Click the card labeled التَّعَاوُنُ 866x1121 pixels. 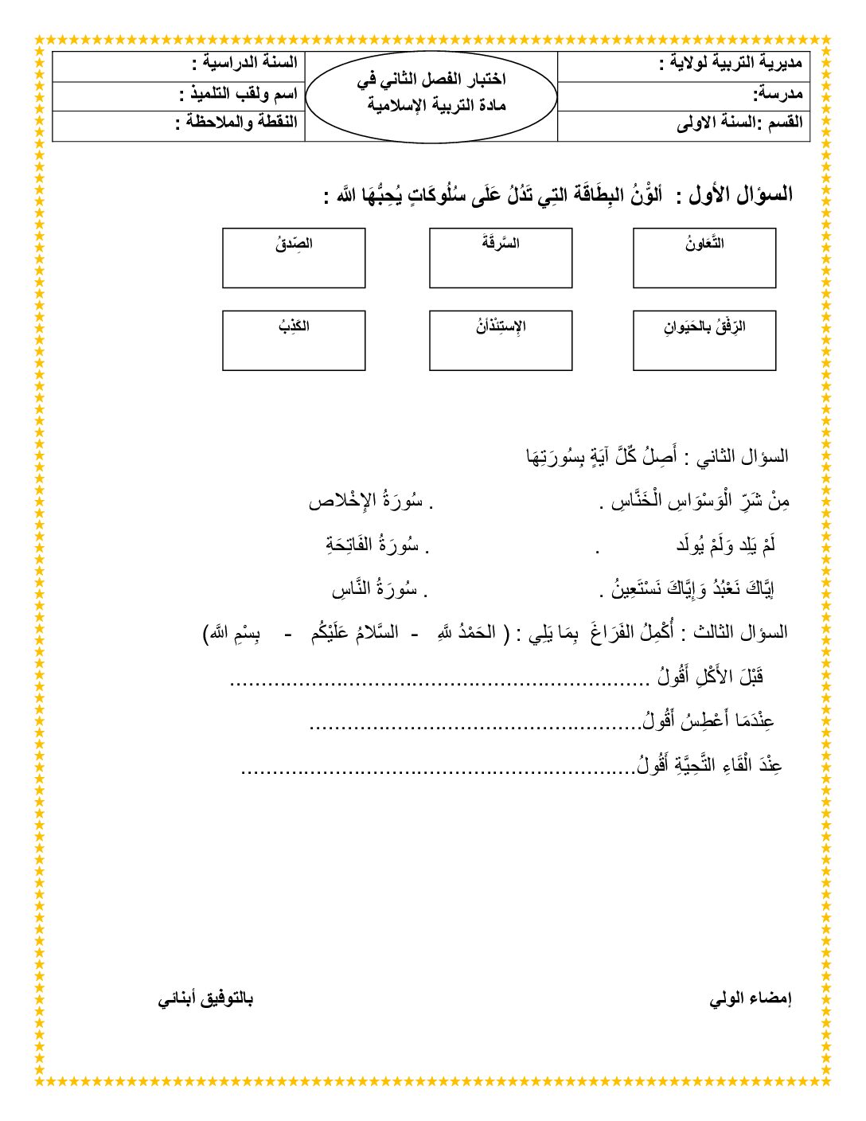point(704,258)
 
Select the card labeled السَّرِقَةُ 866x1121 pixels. point(501,258)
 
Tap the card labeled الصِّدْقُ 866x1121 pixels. point(294,258)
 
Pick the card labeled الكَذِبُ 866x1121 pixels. point(294,341)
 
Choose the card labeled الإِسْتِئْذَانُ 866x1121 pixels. point(501,341)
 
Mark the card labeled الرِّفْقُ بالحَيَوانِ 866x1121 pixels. point(704,341)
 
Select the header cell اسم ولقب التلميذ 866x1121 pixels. point(238,94)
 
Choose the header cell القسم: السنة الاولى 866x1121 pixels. point(739,123)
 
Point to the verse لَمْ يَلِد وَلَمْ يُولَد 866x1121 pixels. point(725,545)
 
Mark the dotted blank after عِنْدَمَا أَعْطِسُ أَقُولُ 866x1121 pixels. point(474,726)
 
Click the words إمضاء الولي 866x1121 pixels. point(751,998)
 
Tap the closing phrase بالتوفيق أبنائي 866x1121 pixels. point(205,998)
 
